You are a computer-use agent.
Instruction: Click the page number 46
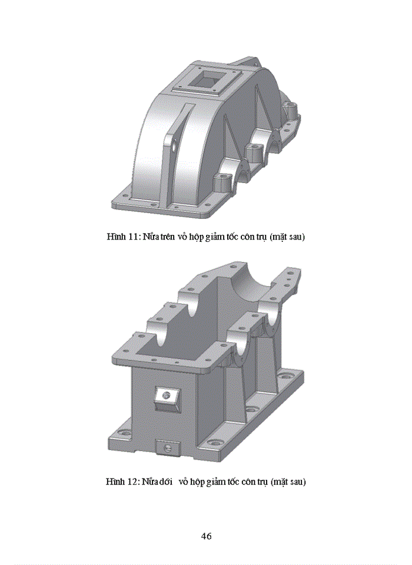206,536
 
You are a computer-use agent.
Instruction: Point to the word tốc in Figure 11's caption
240,237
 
